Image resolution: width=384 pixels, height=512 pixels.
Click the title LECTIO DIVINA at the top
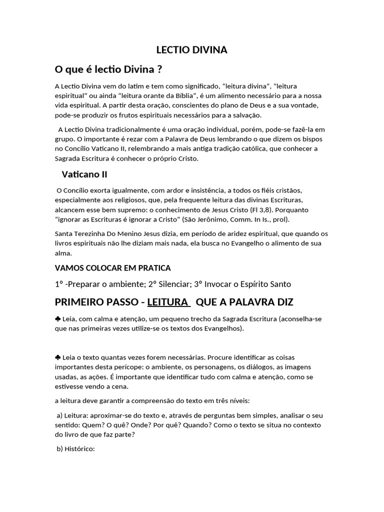tap(192, 49)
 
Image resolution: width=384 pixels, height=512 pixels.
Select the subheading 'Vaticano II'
tap(84, 174)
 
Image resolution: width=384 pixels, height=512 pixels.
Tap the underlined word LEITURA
tap(168, 302)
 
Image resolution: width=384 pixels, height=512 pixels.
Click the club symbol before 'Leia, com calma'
tap(57, 318)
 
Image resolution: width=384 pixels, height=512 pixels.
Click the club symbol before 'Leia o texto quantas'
tap(57, 357)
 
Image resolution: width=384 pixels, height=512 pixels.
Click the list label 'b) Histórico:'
tap(75, 448)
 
